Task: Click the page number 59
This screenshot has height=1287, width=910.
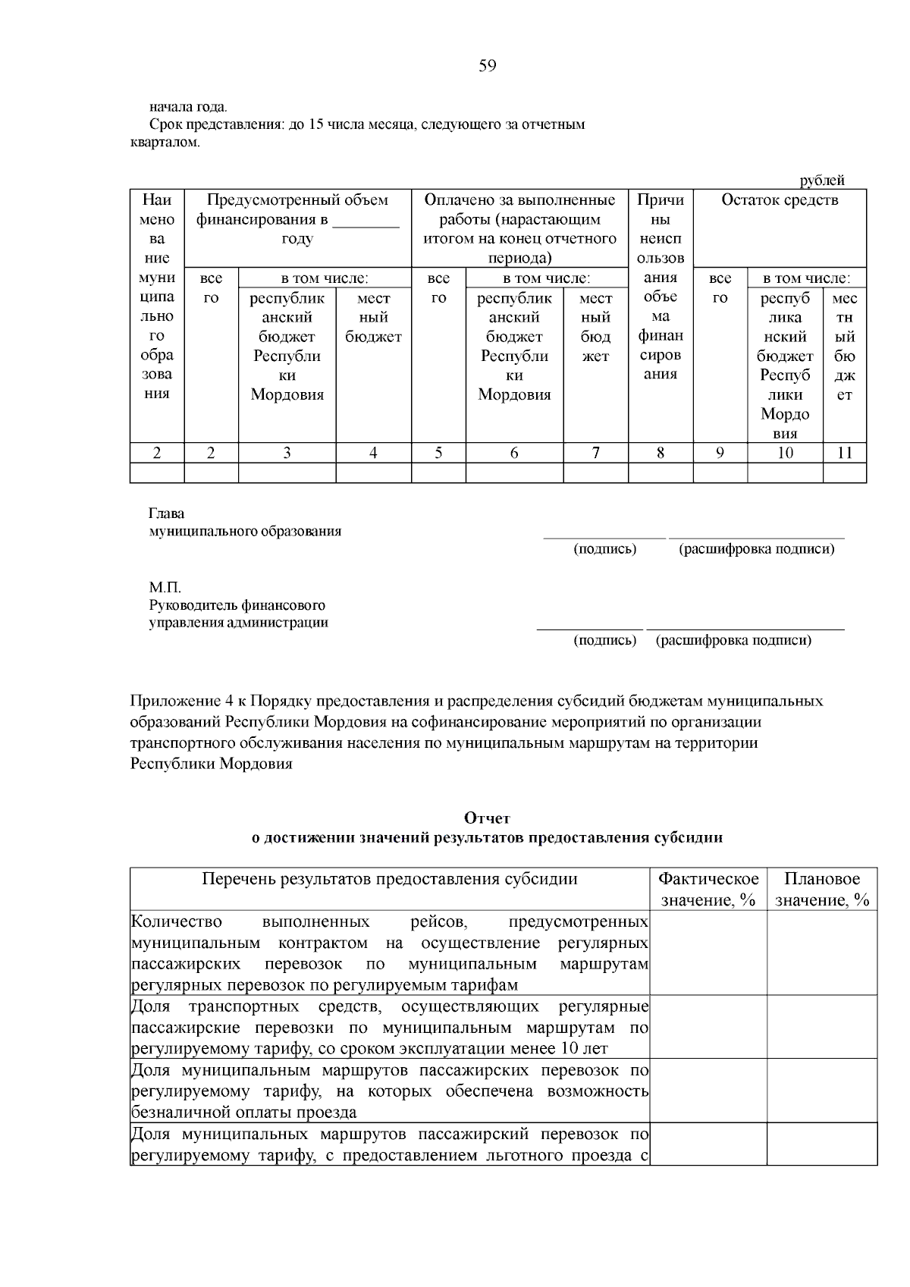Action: [x=488, y=66]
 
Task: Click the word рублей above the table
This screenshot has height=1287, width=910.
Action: [x=822, y=180]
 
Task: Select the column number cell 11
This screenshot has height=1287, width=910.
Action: [x=844, y=453]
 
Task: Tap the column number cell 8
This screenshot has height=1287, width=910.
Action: [x=660, y=453]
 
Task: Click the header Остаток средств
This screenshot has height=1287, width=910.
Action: [x=780, y=200]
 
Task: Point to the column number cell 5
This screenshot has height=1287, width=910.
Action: [x=438, y=453]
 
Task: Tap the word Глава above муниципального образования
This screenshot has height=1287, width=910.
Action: [x=167, y=513]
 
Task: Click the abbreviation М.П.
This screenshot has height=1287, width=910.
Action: [x=165, y=588]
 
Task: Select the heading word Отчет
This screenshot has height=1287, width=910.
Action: [x=487, y=818]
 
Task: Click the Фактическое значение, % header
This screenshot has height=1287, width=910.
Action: [x=708, y=889]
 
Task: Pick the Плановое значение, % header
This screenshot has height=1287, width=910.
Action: [x=822, y=889]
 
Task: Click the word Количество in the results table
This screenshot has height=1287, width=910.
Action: [x=177, y=921]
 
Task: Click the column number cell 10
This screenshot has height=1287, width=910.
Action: [x=785, y=453]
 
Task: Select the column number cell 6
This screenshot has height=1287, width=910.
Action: [x=514, y=453]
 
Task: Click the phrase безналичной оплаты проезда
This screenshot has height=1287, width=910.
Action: [x=244, y=1113]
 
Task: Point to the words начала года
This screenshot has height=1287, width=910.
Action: [x=188, y=106]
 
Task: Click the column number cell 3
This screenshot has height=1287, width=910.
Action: [x=287, y=453]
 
